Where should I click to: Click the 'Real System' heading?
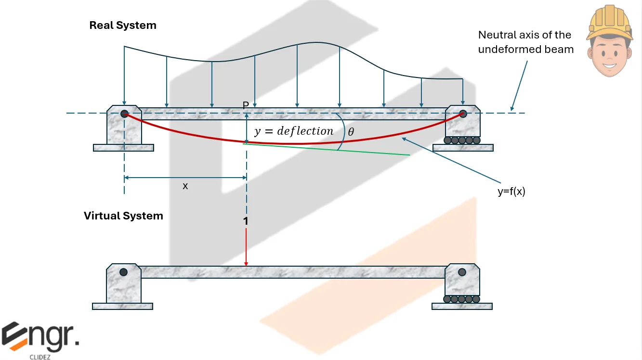123,26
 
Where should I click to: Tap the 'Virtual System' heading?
123,216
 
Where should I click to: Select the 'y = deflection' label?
294,131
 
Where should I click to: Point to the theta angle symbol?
351,131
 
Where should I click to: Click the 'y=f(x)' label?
511,192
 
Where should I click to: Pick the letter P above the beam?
246,105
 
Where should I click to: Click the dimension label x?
185,186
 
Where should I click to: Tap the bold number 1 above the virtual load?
246,221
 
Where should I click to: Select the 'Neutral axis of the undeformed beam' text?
525,42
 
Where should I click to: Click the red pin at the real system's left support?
124,114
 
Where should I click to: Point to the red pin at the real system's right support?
463,114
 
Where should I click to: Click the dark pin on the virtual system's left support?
124,272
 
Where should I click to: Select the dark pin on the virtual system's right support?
462,272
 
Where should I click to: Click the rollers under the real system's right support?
462,141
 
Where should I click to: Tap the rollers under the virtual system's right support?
462,299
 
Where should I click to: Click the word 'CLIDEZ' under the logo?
39,357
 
